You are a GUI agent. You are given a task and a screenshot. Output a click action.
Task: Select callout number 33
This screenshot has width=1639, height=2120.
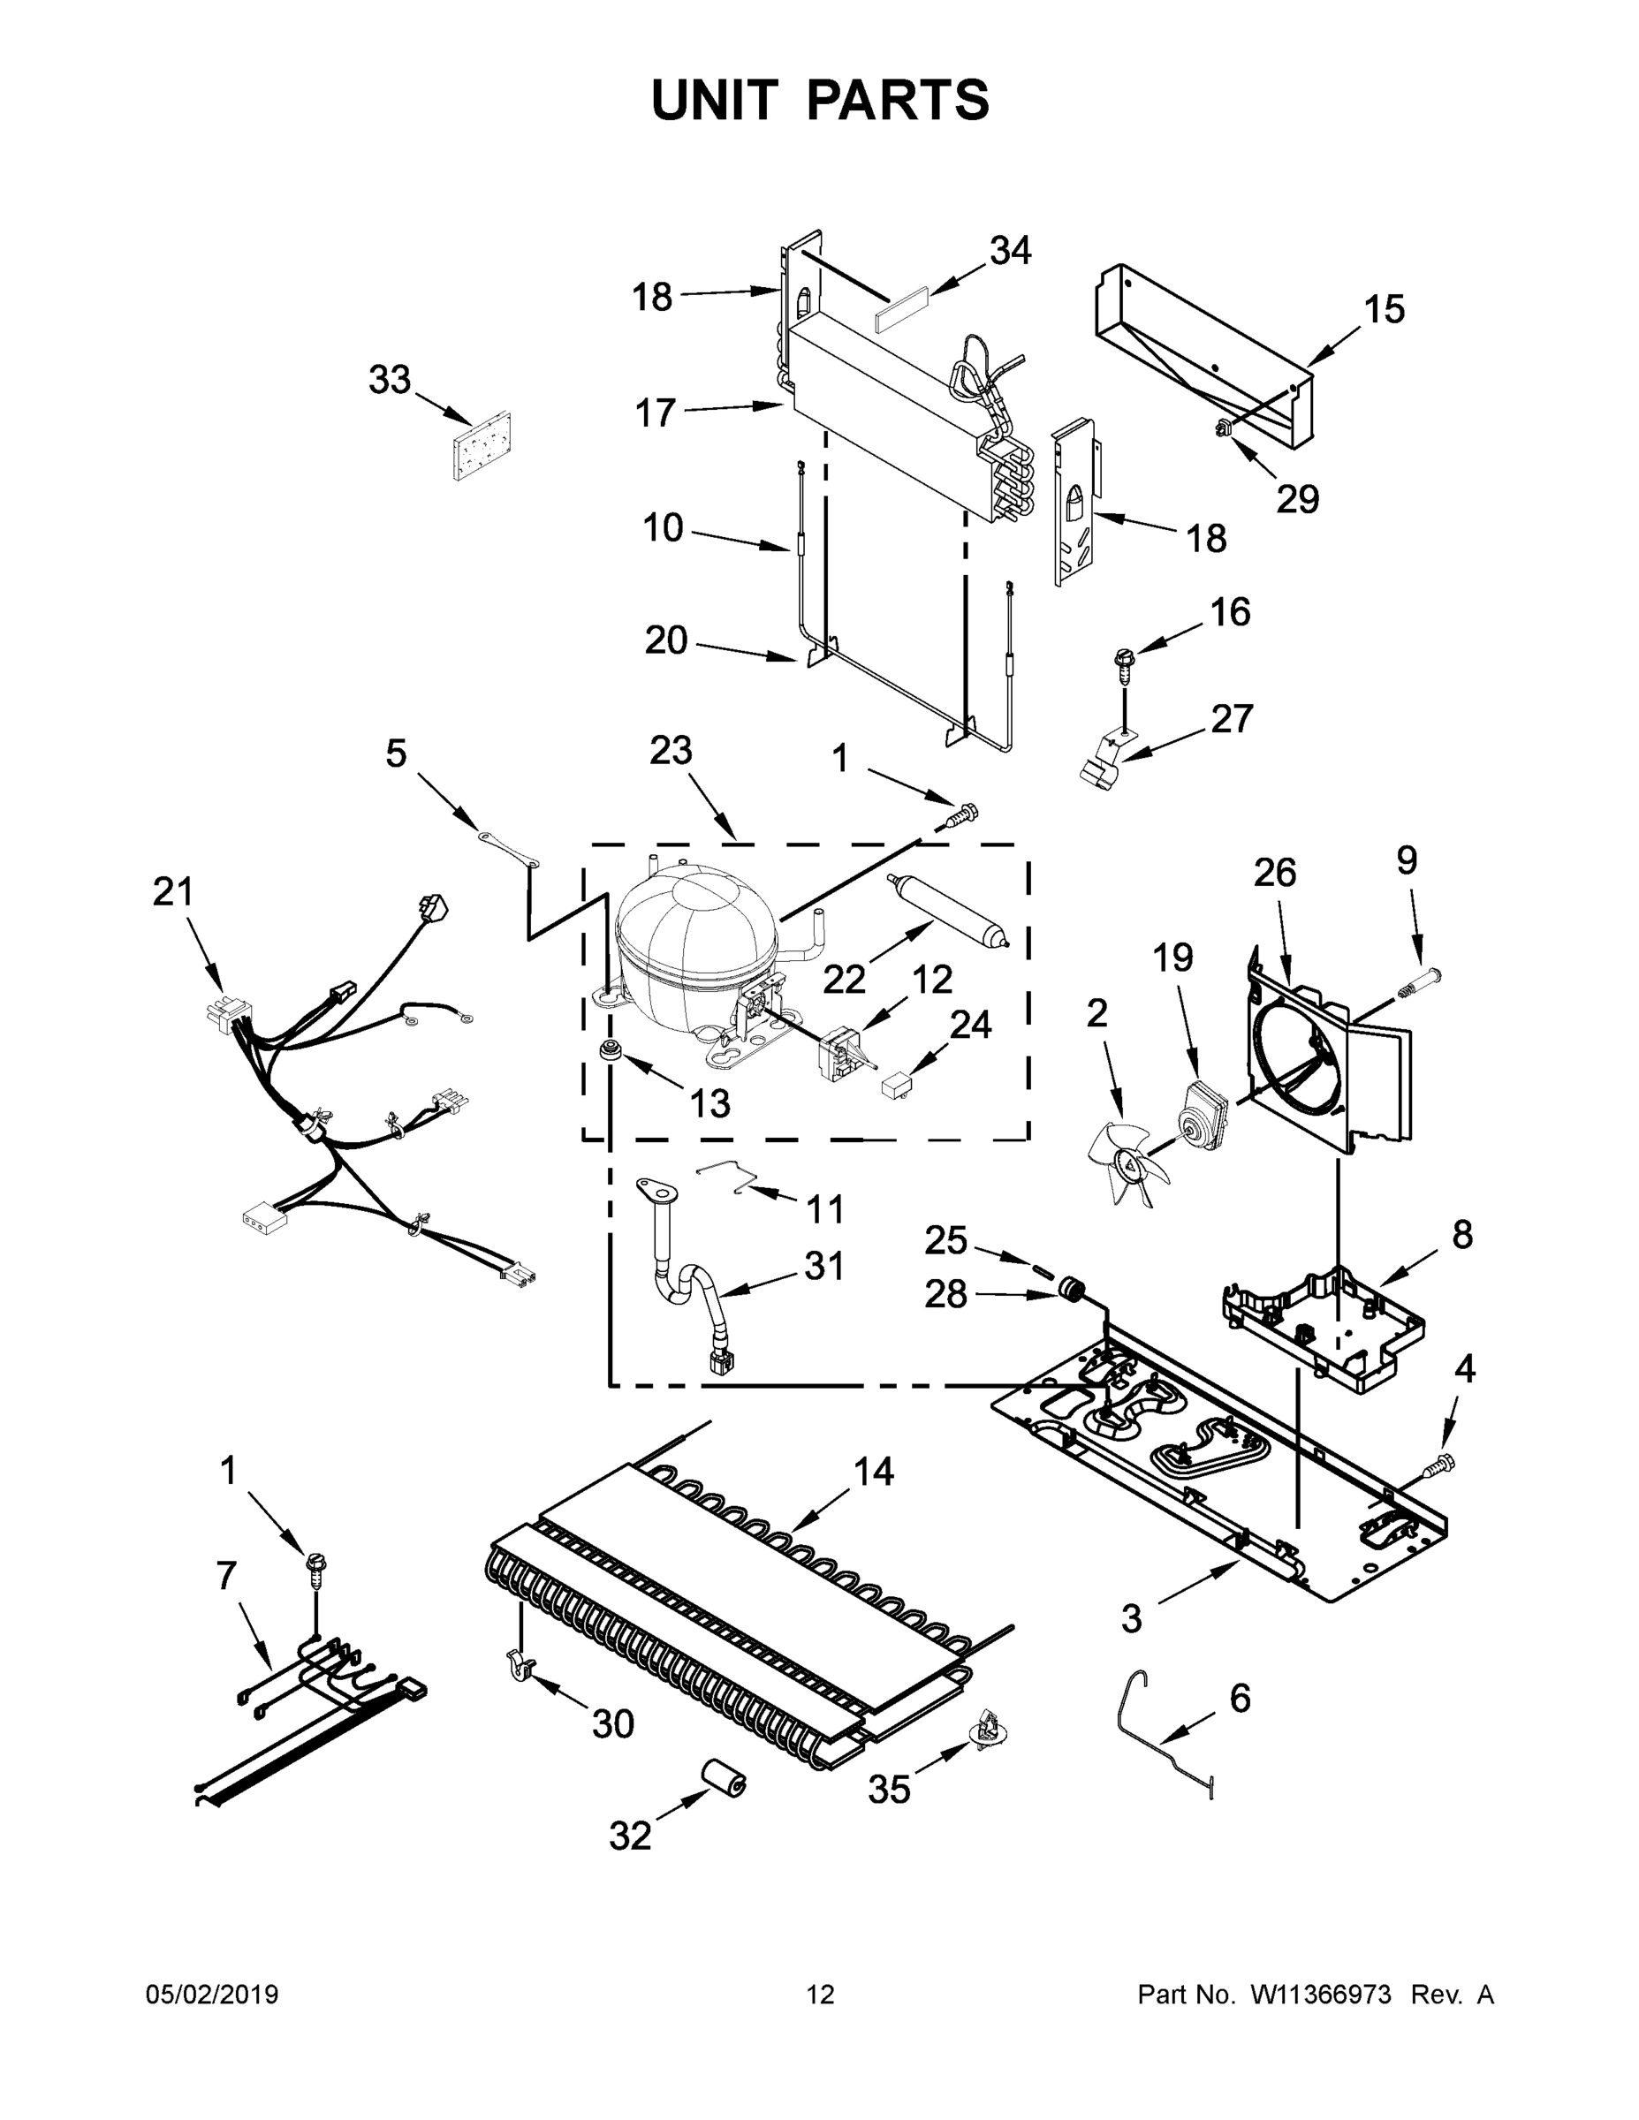coord(390,380)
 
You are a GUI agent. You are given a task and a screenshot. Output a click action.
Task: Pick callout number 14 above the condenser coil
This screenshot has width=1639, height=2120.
coord(873,1472)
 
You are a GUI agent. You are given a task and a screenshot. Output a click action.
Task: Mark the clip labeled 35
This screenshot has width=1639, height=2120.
coord(990,1727)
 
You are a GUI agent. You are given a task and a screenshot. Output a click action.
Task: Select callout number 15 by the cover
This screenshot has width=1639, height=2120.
coord(1384,310)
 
